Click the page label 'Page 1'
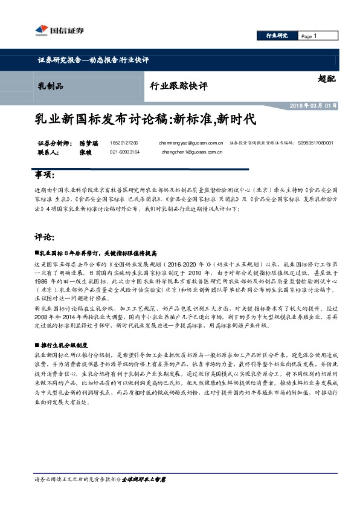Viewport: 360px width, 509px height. tap(309, 36)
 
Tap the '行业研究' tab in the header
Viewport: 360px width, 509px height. tap(277, 36)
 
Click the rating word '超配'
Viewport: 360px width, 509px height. tap(326, 79)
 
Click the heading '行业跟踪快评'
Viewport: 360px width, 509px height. tap(178, 86)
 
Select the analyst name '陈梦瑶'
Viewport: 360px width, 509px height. tap(88, 143)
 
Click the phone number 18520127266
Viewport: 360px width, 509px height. tap(124, 143)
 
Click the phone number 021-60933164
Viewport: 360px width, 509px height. tap(125, 152)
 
